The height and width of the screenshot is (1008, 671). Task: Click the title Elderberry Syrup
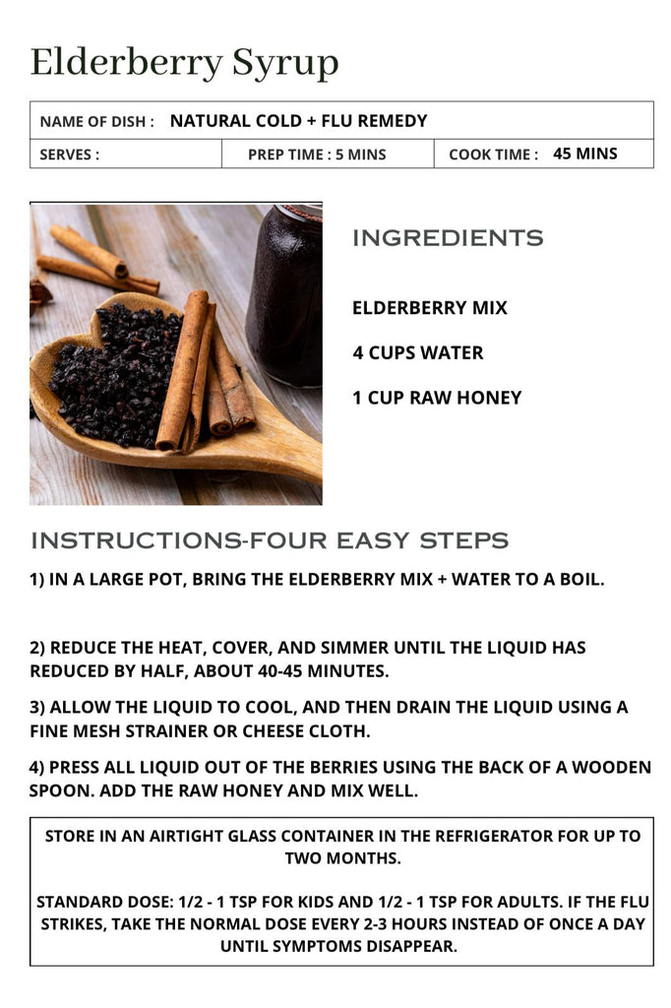pos(184,64)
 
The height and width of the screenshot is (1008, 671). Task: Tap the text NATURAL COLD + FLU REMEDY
pos(299,121)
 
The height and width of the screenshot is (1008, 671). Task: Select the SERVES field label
pos(70,155)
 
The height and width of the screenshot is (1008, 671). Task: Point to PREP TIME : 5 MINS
pos(317,155)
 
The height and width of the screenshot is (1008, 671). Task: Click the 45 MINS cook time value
pos(584,154)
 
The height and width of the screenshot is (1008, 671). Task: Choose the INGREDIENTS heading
pos(448,238)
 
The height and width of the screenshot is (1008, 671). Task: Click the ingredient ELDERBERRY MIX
pos(430,308)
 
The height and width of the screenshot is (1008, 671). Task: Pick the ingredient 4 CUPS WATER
pos(418,353)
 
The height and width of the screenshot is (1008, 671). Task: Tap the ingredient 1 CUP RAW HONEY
pos(437,398)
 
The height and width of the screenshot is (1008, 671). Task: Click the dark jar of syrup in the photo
pos(286,295)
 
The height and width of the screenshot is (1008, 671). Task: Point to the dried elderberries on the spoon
pos(116,376)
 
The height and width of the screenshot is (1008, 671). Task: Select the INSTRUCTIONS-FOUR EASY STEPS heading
pos(270,540)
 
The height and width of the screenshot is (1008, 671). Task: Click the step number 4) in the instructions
pos(36,768)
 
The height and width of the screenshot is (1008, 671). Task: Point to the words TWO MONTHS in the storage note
pos(343,858)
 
